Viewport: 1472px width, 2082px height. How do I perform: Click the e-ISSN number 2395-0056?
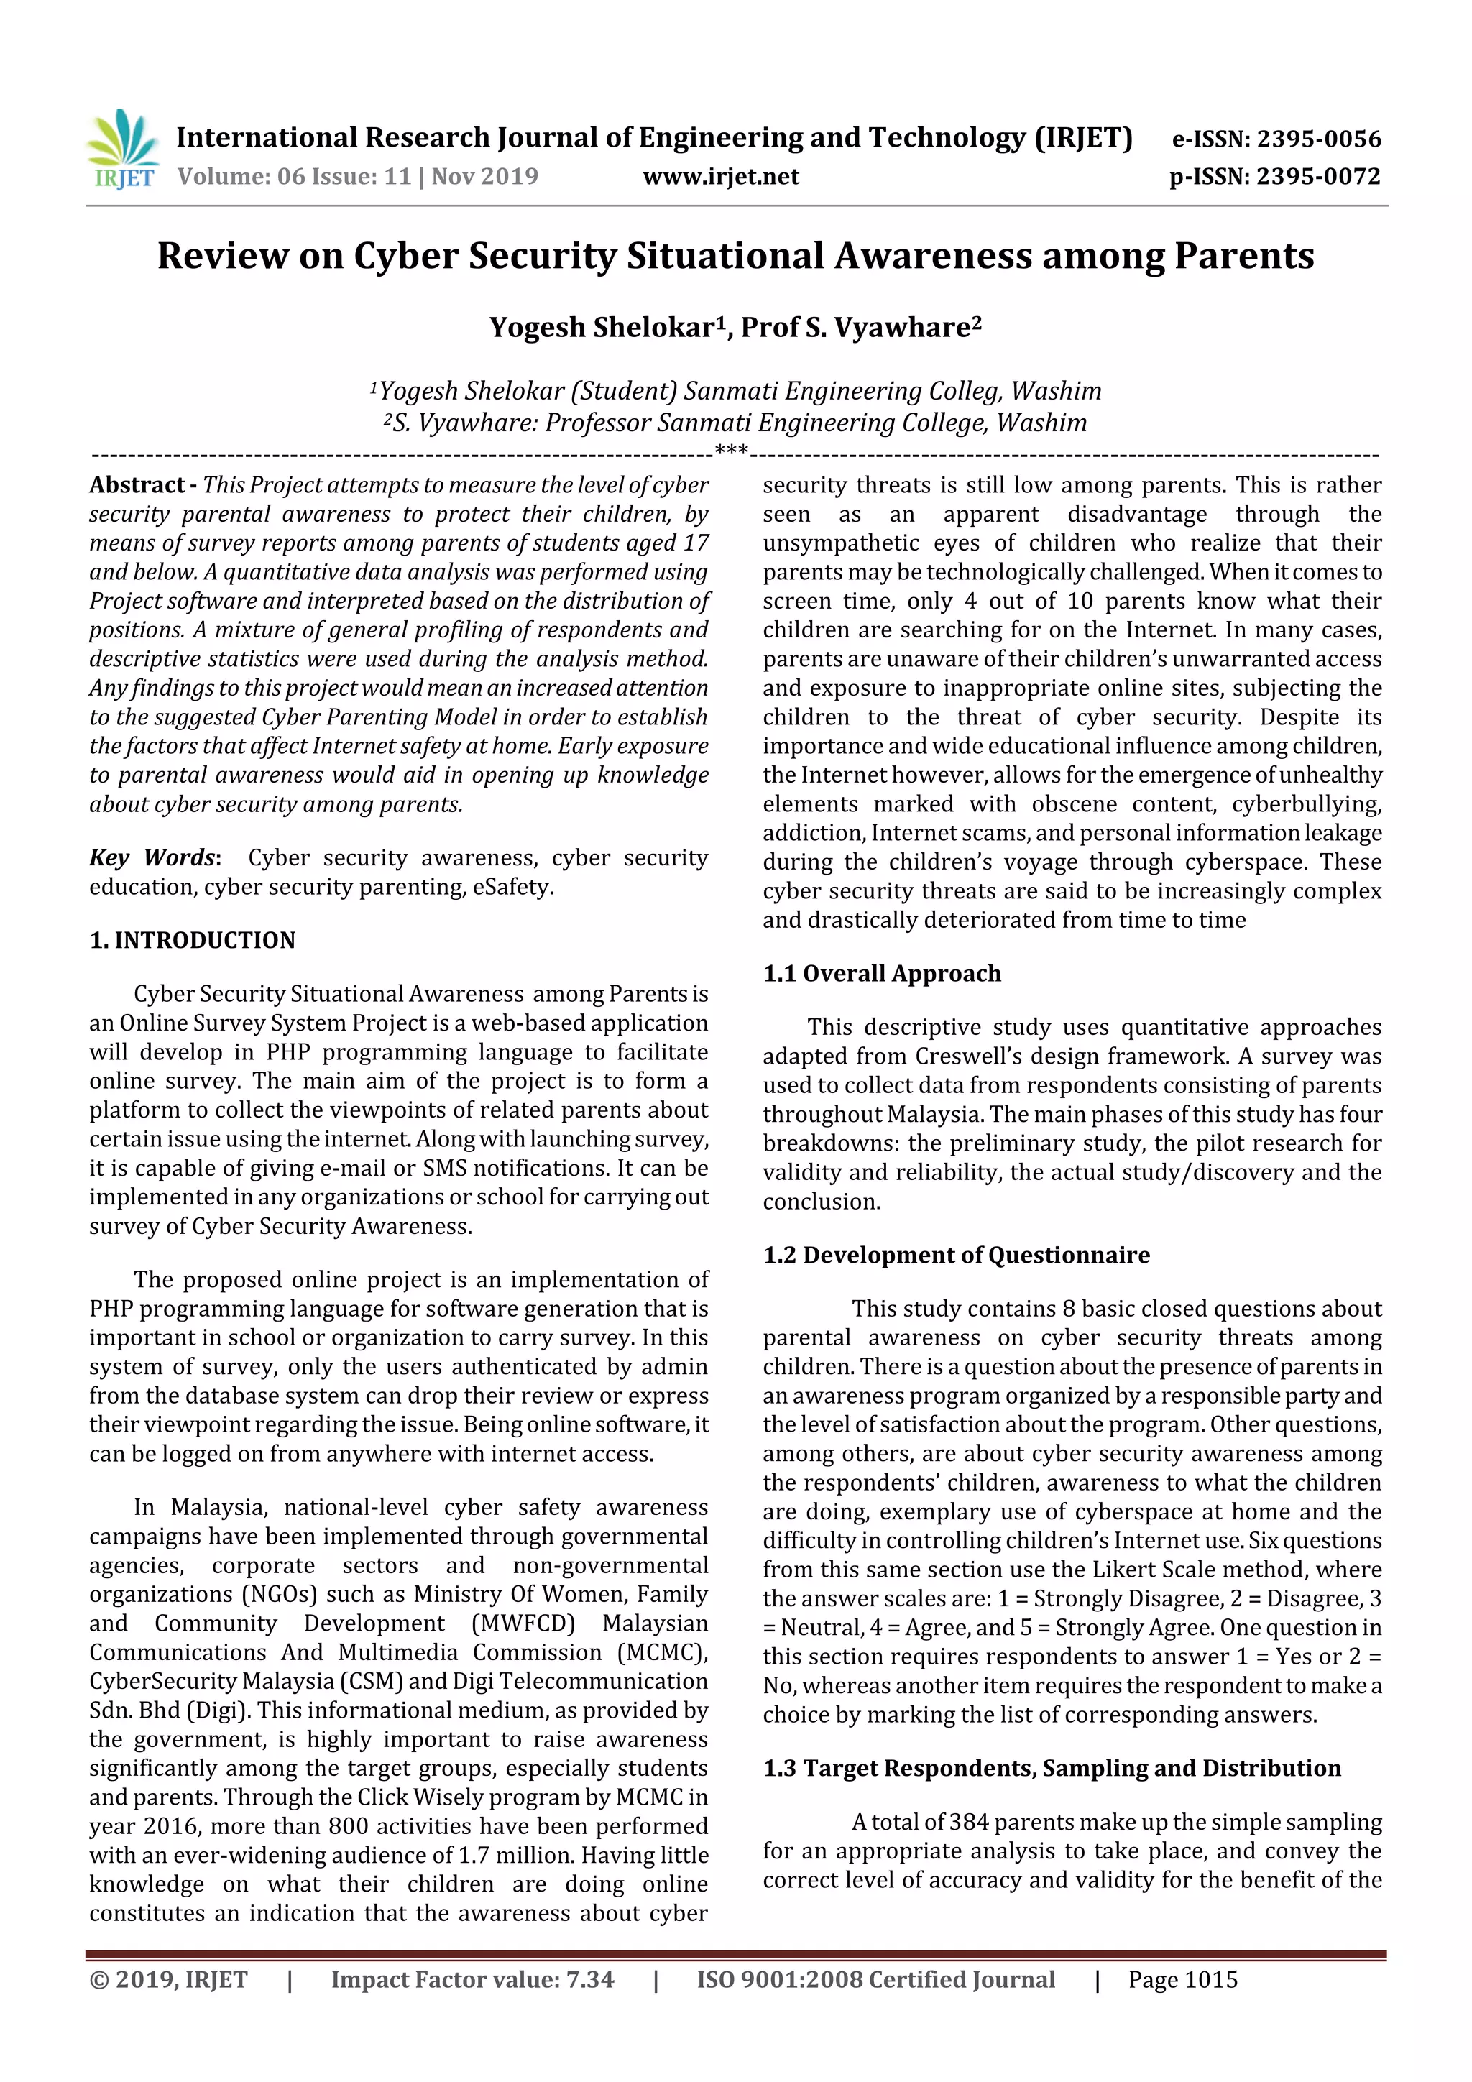coord(1317,139)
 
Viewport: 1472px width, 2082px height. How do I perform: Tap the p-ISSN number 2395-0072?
coord(1317,176)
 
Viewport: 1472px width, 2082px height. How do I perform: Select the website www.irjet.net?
coord(720,176)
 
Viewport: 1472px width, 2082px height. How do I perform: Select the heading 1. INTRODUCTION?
coord(193,940)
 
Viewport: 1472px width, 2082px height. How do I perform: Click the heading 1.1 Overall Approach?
coord(882,974)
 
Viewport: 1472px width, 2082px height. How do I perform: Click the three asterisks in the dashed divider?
coord(731,451)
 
